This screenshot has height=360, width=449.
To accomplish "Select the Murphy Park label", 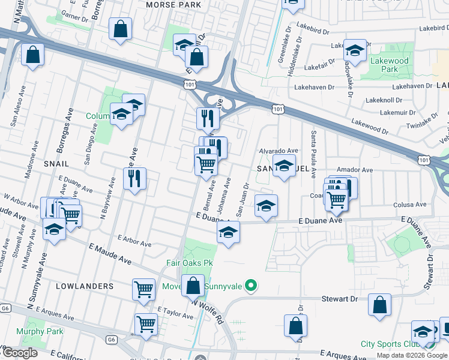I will click(40, 331).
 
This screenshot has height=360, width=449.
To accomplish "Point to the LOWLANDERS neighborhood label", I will click(85, 286).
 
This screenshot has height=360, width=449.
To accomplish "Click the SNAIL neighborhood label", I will click(56, 163).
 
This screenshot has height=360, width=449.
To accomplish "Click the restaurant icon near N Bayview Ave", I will click(134, 178).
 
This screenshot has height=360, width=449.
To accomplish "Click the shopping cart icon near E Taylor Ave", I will click(146, 324).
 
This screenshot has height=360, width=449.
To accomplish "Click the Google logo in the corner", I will click(20, 353).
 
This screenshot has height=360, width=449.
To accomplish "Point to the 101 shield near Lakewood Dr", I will click(277, 109).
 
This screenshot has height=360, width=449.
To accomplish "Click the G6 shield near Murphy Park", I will click(110, 340).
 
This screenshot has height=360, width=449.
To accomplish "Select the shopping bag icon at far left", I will click(32, 55).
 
